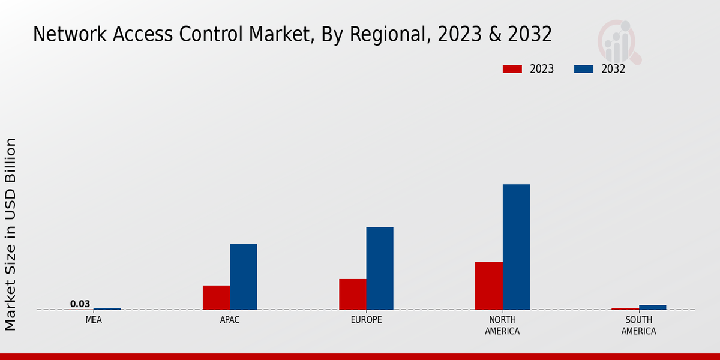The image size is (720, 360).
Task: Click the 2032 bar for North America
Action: point(516,247)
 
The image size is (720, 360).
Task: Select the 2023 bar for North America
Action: point(489,286)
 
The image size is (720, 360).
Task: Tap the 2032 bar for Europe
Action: point(380,268)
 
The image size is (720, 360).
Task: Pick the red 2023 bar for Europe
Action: point(353,294)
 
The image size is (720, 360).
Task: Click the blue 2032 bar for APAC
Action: point(243,277)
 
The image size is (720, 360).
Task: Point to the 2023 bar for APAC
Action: point(216,298)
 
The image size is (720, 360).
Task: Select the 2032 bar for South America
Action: point(652,307)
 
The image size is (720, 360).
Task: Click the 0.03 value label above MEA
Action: point(80,304)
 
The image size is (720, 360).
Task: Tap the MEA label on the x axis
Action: point(94,320)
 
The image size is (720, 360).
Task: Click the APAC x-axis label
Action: point(230,320)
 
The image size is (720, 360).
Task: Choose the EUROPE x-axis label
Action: point(366,320)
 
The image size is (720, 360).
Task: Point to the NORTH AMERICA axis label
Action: point(502,325)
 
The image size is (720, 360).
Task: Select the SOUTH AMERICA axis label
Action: point(638,325)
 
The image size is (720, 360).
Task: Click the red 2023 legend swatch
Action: point(512,69)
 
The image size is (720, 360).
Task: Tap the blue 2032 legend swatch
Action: point(583,69)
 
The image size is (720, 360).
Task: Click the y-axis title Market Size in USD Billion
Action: point(11,234)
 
